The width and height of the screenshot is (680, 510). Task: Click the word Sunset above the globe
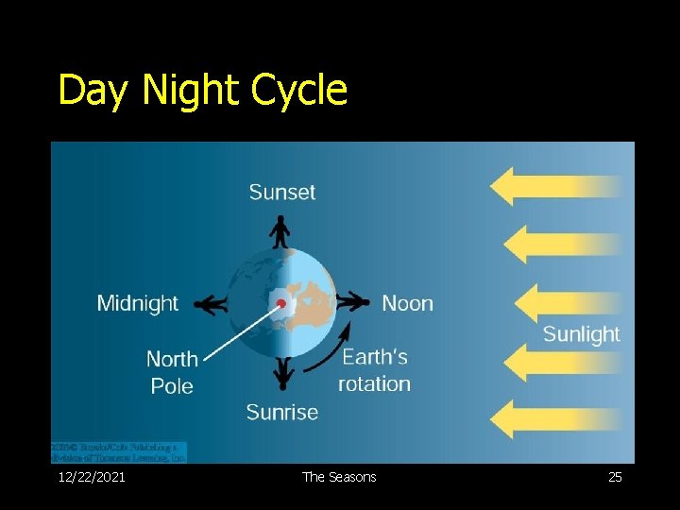click(281, 192)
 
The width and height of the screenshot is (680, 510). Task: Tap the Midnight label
click(137, 303)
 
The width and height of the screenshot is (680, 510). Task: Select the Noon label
click(407, 303)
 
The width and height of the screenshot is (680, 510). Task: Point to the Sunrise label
click(281, 412)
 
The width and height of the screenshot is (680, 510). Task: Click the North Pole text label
click(172, 372)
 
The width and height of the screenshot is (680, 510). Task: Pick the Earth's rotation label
click(375, 370)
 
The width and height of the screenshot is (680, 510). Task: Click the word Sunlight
click(581, 334)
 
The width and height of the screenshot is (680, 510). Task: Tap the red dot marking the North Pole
click(280, 303)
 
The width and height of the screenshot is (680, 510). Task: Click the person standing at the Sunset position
click(280, 231)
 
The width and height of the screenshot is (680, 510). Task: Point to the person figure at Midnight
click(210, 304)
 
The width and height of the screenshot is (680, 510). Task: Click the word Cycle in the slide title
click(299, 91)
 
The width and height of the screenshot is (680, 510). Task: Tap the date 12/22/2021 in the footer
click(92, 477)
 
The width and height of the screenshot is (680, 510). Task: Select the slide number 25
click(615, 477)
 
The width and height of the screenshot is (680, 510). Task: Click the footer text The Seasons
click(339, 477)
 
